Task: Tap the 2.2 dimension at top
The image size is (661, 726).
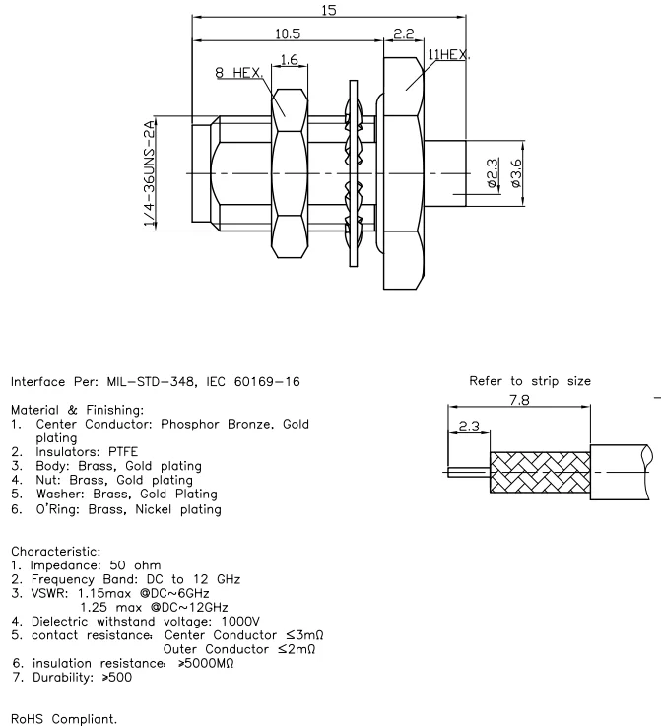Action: pyautogui.click(x=402, y=33)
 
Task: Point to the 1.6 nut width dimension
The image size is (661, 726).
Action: pyautogui.click(x=288, y=61)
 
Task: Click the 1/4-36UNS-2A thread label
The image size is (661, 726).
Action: pyautogui.click(x=151, y=175)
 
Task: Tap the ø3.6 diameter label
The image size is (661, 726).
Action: pyautogui.click(x=516, y=175)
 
